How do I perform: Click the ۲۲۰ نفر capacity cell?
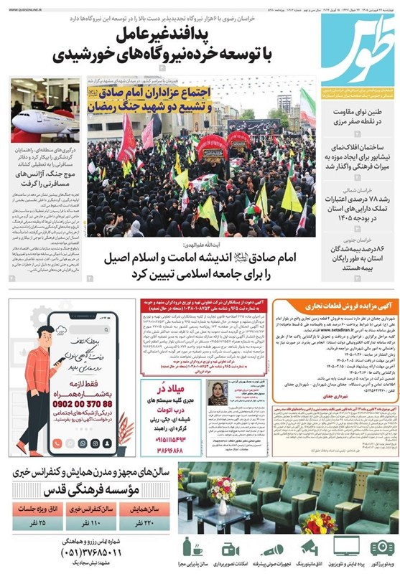pos(148,521)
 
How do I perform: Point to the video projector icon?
pos(381,546)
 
